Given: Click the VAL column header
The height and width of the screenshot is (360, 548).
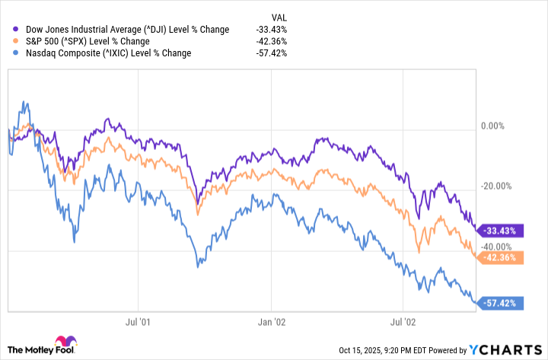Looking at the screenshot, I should [279, 16].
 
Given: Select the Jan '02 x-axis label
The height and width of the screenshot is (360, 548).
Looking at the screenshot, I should [270, 322].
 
